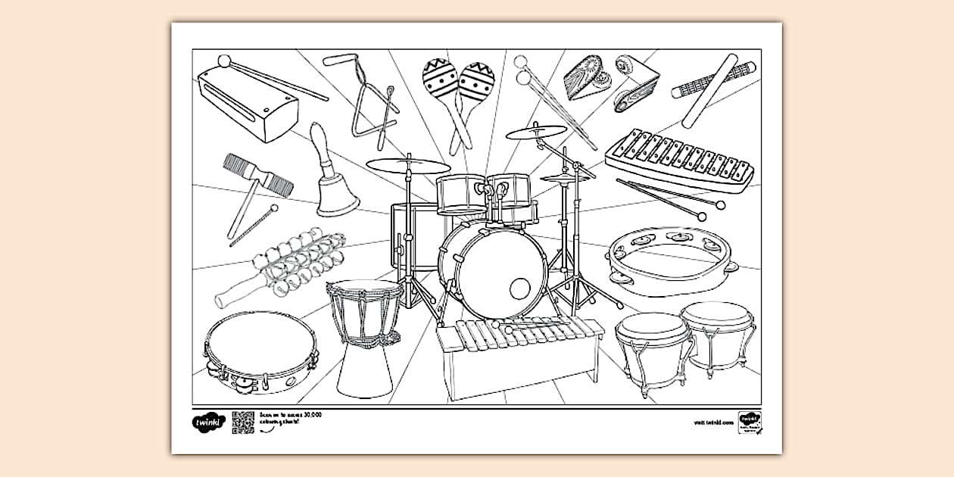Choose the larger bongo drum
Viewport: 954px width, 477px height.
tap(653, 348)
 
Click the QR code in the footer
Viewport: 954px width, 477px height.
tap(243, 422)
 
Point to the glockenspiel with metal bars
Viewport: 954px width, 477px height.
tap(680, 159)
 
